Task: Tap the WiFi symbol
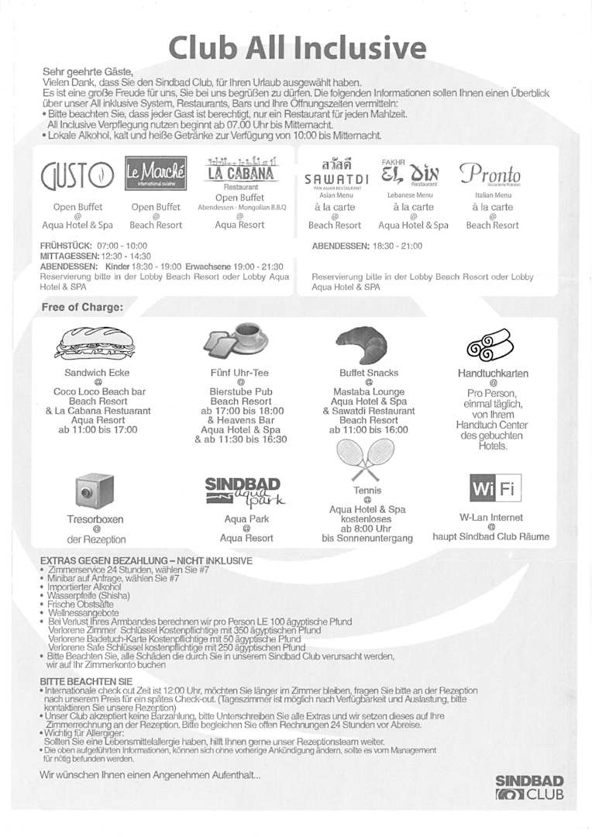pyautogui.click(x=495, y=490)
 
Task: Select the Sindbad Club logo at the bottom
pyautogui.click(x=529, y=786)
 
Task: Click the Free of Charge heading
pyautogui.click(x=81, y=307)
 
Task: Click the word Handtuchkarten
pyautogui.click(x=493, y=374)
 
